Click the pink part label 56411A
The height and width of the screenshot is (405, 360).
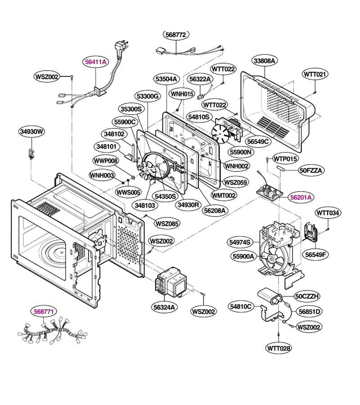click(x=95, y=62)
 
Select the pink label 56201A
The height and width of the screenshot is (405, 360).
click(x=301, y=198)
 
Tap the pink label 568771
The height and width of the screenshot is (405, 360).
click(x=44, y=311)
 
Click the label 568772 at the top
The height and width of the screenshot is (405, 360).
click(x=176, y=35)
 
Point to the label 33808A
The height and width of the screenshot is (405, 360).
click(x=264, y=61)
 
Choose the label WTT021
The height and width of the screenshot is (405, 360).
click(x=315, y=74)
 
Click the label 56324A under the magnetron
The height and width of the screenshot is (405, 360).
click(x=164, y=307)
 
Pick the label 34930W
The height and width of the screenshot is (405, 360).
click(x=32, y=131)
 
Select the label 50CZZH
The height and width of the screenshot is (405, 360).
click(x=307, y=296)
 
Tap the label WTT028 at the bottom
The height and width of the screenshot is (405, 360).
click(x=279, y=348)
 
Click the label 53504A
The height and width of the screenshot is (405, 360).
click(x=166, y=79)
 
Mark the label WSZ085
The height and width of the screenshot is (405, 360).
click(x=167, y=223)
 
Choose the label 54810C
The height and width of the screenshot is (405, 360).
click(x=240, y=306)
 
